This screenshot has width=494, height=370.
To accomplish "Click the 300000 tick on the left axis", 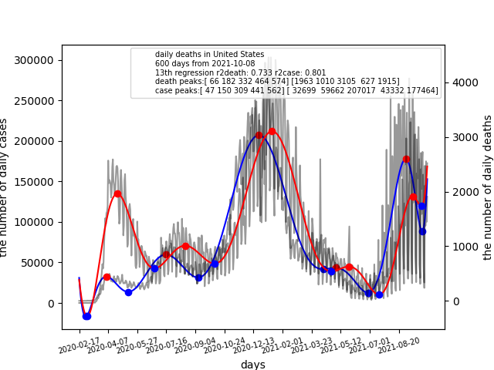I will pyautogui.click(x=40, y=60).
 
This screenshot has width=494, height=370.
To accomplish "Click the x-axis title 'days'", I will pyautogui.click(x=252, y=365).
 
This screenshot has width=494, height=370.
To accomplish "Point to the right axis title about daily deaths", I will pyautogui.click(x=488, y=187).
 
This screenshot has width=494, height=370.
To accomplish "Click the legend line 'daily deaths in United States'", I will pyautogui.click(x=209, y=55).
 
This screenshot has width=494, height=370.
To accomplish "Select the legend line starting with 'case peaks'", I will pyautogui.click(x=296, y=91).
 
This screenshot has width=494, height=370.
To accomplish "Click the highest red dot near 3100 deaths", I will pyautogui.click(x=272, y=131).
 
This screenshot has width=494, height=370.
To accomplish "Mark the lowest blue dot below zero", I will pyautogui.click(x=86, y=316).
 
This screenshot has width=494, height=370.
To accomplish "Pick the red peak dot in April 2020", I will pyautogui.click(x=117, y=194).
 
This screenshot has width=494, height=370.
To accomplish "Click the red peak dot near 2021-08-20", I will pyautogui.click(x=406, y=160).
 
